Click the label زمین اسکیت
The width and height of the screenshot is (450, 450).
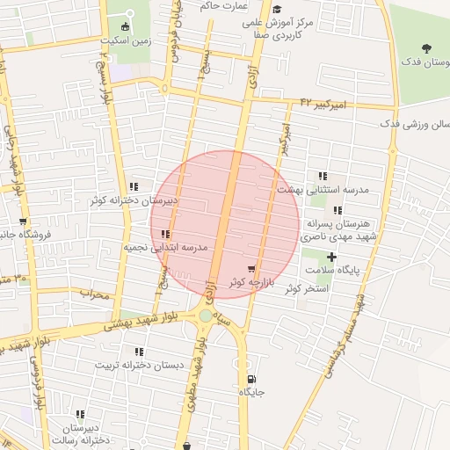coord(128,40)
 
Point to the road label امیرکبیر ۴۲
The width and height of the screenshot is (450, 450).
coord(323,104)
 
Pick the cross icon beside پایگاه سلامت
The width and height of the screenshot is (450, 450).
coord(331,256)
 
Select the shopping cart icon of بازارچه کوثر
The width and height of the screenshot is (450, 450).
coord(252,269)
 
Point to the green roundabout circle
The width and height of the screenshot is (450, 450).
coord(206,315)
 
